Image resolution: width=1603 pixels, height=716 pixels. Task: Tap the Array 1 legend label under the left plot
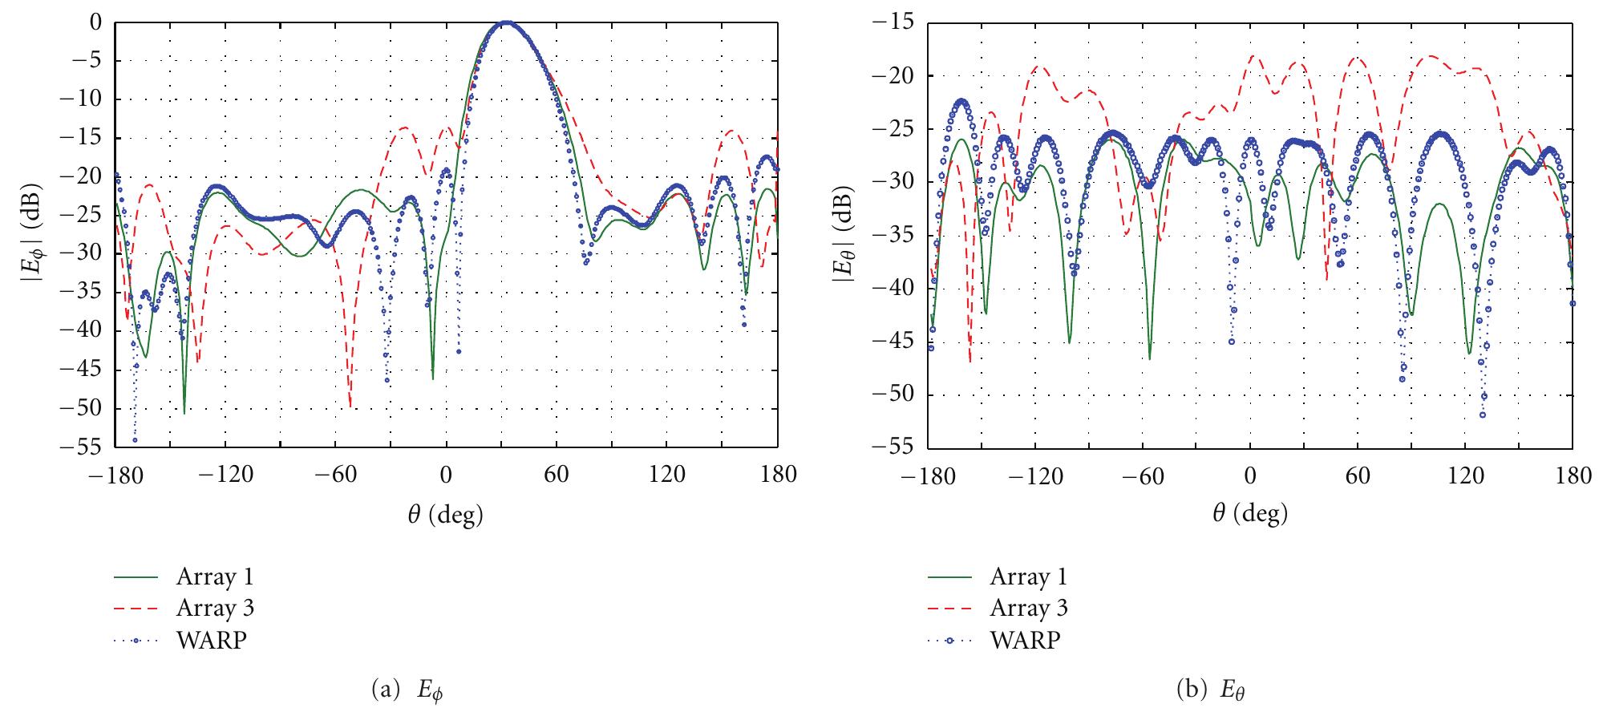pyautogui.click(x=215, y=576)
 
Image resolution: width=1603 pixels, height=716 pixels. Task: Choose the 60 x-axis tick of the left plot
pyautogui.click(x=557, y=474)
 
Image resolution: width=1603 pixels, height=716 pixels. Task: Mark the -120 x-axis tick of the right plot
pyautogui.click(x=1034, y=475)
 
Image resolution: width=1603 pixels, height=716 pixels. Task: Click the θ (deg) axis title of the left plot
pyautogui.click(x=445, y=513)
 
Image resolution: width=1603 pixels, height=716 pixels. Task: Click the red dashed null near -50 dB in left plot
pyautogui.click(x=350, y=407)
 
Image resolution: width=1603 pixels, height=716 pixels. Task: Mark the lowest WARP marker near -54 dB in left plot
pyautogui.click(x=135, y=439)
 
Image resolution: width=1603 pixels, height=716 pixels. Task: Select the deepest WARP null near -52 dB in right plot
pyautogui.click(x=1483, y=415)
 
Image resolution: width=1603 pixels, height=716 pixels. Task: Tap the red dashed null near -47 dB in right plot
pyautogui.click(x=970, y=361)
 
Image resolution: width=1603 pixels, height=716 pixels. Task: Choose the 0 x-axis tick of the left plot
pyautogui.click(x=446, y=474)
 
